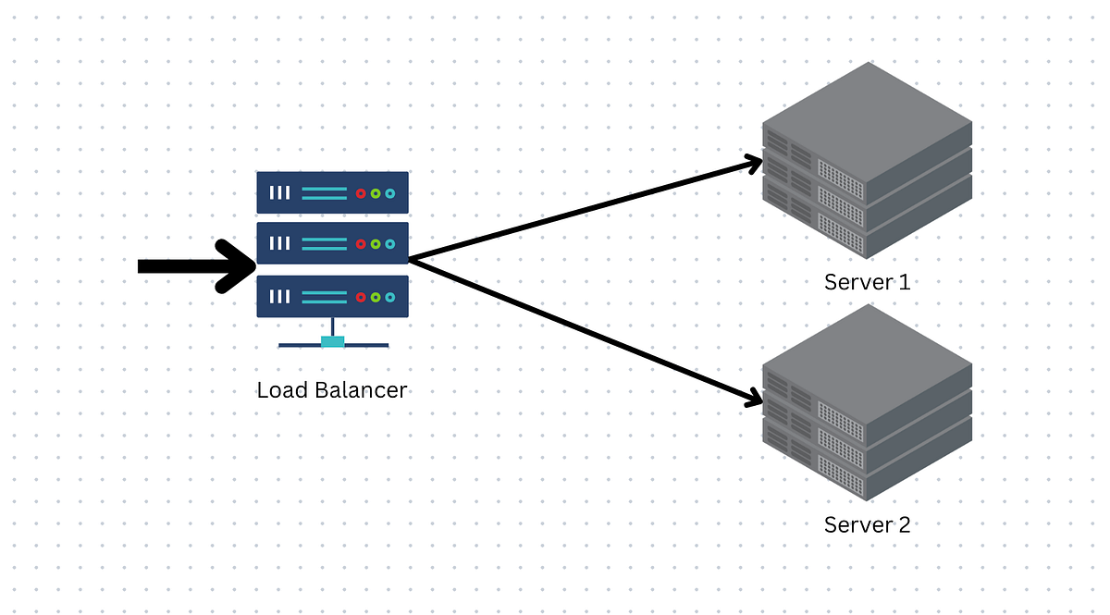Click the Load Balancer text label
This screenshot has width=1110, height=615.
point(331,390)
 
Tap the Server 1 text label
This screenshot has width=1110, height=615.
point(867,282)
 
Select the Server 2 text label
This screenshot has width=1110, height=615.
point(867,525)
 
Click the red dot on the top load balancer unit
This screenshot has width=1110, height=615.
point(361,193)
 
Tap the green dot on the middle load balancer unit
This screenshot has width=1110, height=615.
point(376,244)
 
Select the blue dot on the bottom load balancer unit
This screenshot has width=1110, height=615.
point(389,297)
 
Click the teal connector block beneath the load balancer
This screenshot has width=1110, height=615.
point(333,342)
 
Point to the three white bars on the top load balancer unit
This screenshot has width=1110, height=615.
point(279,193)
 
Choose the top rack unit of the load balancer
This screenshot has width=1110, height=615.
point(332,192)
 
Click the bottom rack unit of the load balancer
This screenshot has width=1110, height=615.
point(332,297)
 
